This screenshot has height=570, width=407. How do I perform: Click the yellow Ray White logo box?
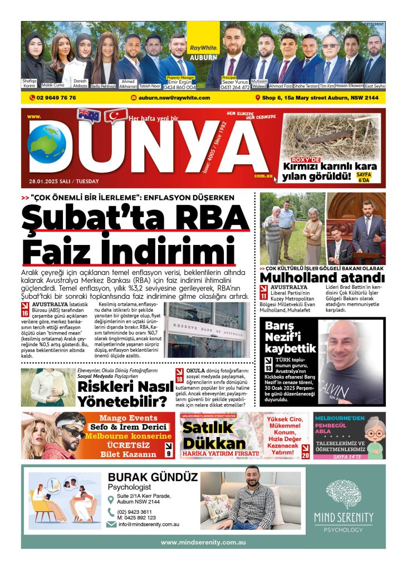click(203, 40)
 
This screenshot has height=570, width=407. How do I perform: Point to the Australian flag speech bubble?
click(89, 115)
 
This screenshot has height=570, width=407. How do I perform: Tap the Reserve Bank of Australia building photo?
click(208, 330)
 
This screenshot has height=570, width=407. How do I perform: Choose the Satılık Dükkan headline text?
click(214, 435)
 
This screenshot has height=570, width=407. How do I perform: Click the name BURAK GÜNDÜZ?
click(152, 477)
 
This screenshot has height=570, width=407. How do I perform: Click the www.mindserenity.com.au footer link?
click(203, 542)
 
